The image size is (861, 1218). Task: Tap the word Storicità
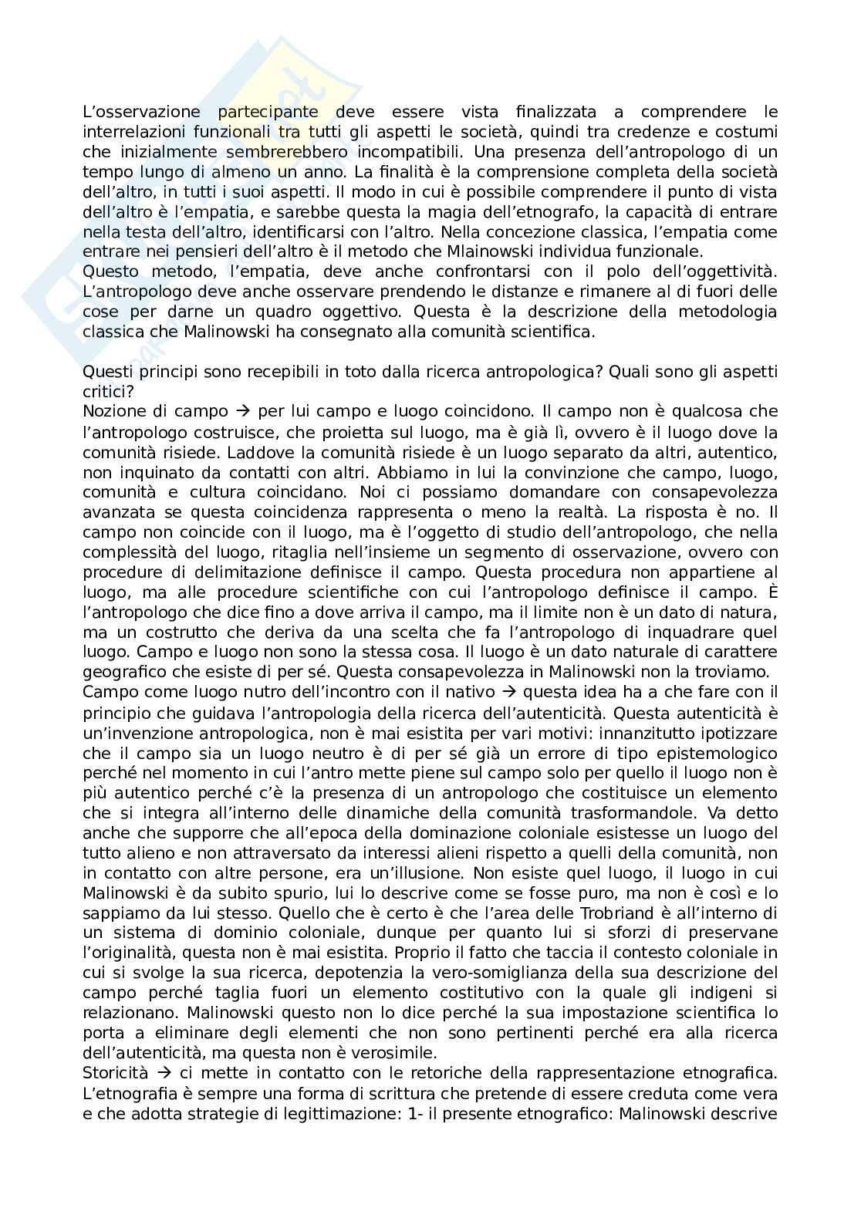(x=116, y=1074)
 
